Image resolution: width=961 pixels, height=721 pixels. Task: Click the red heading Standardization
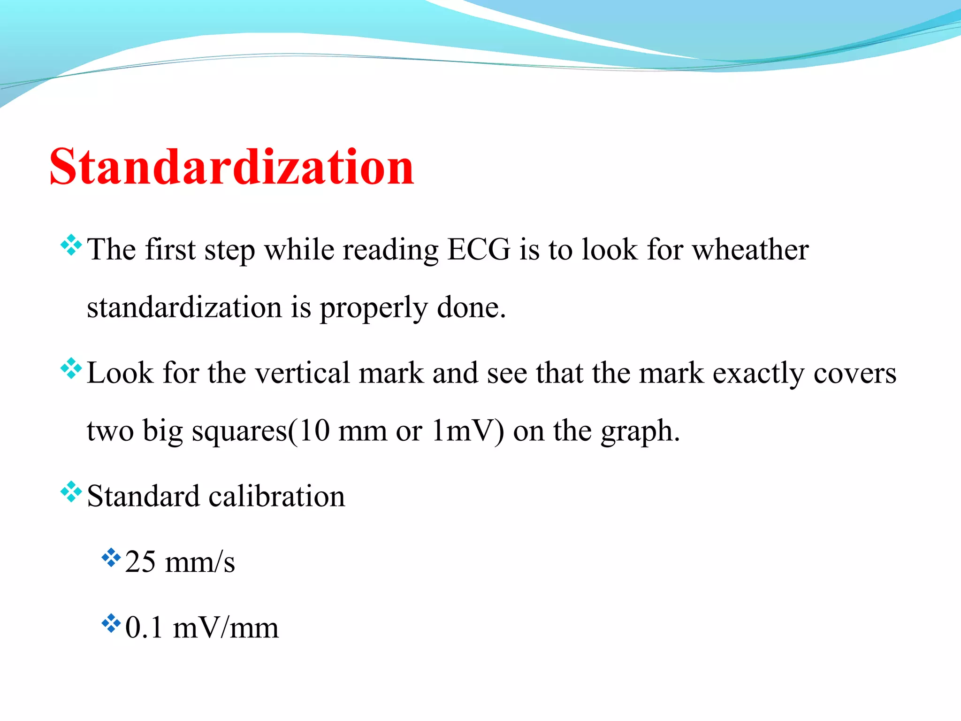point(232,167)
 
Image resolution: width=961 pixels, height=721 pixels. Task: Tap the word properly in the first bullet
point(374,308)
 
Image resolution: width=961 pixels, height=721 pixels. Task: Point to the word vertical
point(303,373)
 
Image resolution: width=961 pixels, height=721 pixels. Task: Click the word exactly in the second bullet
point(758,374)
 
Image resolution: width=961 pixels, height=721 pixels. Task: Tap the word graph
point(640,432)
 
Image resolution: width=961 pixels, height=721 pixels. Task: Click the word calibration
point(277,496)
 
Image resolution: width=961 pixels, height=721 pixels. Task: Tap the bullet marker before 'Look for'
point(71,369)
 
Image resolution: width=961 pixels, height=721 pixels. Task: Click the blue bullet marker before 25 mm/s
point(111,558)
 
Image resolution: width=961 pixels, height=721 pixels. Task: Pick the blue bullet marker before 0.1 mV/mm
point(111,623)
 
